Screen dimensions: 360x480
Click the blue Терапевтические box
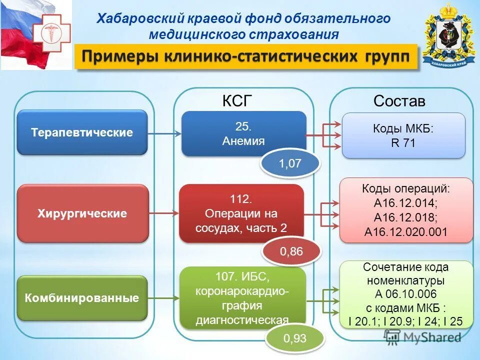82,132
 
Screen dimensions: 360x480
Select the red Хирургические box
82,213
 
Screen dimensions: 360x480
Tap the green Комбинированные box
82,298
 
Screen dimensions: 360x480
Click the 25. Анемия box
243,133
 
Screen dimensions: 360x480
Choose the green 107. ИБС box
242,297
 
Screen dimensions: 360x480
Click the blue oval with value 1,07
289,163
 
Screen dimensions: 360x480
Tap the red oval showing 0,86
291,251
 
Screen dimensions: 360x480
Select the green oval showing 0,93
294,339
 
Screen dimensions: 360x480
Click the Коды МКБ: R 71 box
403,135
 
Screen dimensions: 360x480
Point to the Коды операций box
405,210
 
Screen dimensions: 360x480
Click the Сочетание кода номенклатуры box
405,294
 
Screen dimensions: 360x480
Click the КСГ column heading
234,101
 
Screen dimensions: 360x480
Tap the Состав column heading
399,101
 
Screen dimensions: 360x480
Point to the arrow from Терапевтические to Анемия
164,133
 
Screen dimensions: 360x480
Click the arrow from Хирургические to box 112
163,214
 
